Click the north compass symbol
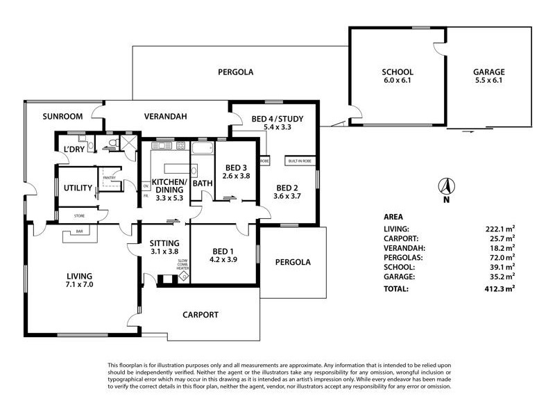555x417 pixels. [x=446, y=186]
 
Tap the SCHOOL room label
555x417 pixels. [x=398, y=72]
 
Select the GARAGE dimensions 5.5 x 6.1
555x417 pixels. [x=489, y=81]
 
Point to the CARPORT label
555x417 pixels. [x=200, y=315]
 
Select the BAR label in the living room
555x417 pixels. [x=79, y=231]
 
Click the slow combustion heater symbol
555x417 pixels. [x=184, y=277]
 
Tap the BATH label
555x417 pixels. [x=202, y=183]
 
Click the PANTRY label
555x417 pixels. [x=108, y=178]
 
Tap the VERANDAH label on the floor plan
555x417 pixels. [x=166, y=116]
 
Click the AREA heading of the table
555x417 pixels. [x=393, y=216]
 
